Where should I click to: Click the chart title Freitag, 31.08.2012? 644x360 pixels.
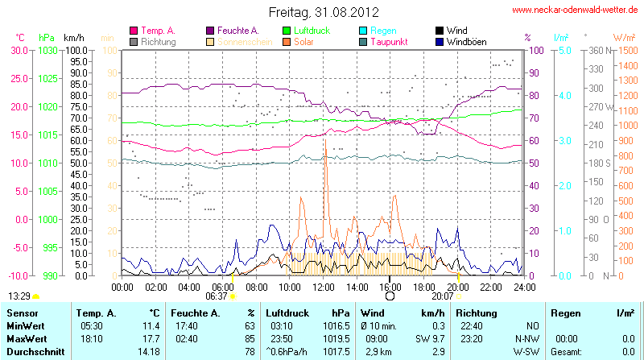[323, 12]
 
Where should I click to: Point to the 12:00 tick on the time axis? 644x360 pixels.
[323, 286]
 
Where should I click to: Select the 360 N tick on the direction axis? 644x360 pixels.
[597, 50]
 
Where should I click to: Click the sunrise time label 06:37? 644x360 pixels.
[217, 296]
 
